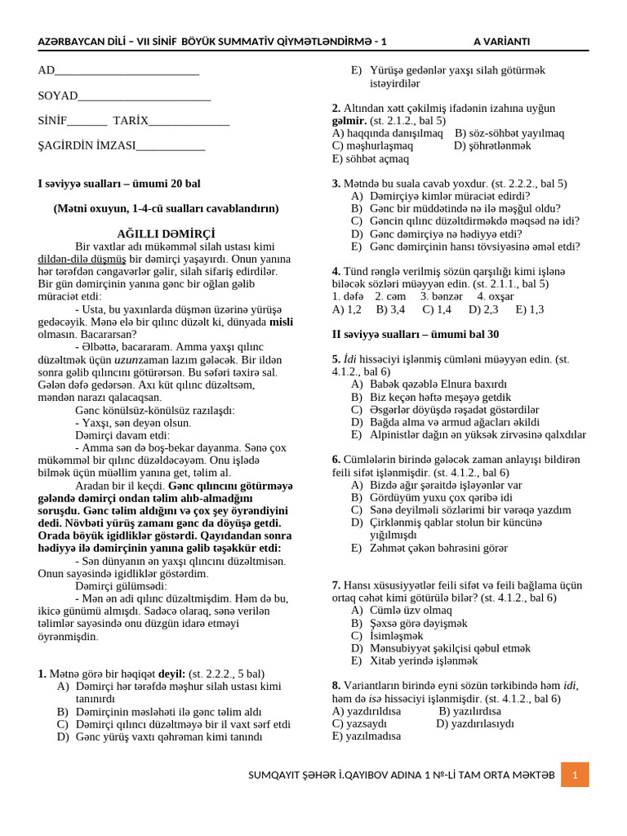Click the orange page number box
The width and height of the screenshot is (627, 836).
[x=575, y=775]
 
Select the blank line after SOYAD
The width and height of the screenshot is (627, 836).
[x=145, y=97]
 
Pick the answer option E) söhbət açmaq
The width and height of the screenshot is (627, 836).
[x=368, y=158]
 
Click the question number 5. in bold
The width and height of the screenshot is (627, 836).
[x=336, y=358]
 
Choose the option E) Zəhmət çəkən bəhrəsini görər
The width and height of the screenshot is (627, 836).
[x=429, y=548]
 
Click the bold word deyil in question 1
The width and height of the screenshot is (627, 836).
[x=171, y=674]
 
